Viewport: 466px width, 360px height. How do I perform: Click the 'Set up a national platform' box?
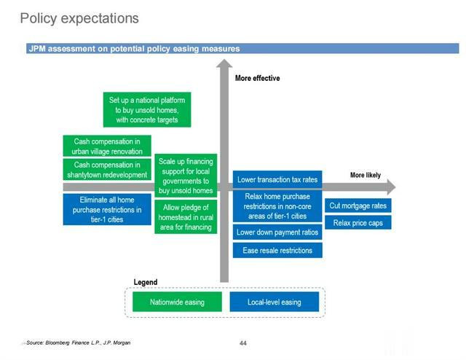click(x=147, y=109)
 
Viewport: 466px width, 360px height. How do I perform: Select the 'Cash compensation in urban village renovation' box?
click(x=107, y=146)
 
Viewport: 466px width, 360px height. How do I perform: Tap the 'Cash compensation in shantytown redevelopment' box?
click(x=107, y=169)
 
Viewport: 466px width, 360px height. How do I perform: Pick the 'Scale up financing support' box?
click(x=186, y=176)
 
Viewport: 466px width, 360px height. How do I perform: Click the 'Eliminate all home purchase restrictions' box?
click(x=107, y=209)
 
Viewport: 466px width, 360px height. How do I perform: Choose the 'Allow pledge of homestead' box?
click(x=186, y=217)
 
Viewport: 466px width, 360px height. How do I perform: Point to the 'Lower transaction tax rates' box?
click(x=277, y=179)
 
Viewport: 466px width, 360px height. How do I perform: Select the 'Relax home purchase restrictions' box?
click(x=277, y=206)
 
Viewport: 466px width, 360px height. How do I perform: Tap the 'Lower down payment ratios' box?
click(x=277, y=232)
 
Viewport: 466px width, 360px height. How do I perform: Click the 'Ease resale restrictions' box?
click(x=277, y=250)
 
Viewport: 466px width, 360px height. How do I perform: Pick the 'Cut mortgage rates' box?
click(x=358, y=206)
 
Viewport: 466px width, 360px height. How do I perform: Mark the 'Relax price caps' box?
click(x=358, y=222)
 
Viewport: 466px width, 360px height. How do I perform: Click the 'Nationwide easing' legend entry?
click(x=177, y=302)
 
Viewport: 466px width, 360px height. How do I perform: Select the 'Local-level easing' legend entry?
click(x=275, y=302)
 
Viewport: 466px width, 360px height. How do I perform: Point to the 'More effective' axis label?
click(x=257, y=78)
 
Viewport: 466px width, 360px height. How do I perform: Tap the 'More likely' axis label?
click(x=366, y=175)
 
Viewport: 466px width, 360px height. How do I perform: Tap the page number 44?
click(x=243, y=343)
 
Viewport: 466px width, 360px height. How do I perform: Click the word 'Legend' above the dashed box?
click(x=146, y=282)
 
